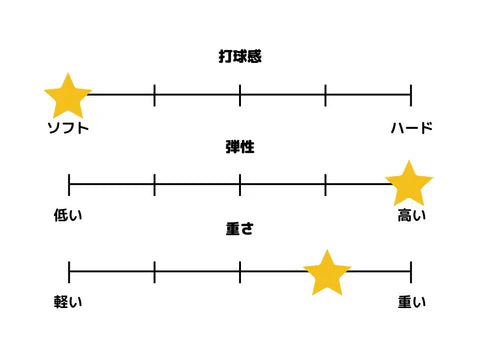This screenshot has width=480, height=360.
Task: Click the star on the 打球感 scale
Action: click(x=68, y=96)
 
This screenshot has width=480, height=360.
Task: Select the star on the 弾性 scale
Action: click(x=408, y=184)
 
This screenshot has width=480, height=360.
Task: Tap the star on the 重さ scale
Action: click(x=326, y=273)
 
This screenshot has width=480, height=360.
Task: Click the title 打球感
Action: click(x=240, y=57)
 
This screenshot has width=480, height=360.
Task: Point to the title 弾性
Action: click(x=240, y=146)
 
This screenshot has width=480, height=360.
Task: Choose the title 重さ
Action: click(x=240, y=231)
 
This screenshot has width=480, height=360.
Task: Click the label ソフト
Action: click(x=69, y=127)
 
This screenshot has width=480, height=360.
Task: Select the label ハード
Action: click(x=411, y=127)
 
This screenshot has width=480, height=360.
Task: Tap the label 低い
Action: click(x=68, y=214)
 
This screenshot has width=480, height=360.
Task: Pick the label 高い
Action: click(x=411, y=214)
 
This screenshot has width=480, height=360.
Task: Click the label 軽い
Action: click(x=68, y=302)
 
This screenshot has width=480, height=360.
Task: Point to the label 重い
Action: click(x=411, y=302)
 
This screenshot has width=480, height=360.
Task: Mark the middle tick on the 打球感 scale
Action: click(x=240, y=96)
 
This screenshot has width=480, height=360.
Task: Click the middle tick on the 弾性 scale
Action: click(x=240, y=184)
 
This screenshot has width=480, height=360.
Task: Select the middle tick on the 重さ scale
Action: click(x=240, y=272)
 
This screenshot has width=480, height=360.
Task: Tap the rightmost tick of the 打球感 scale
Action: click(x=411, y=96)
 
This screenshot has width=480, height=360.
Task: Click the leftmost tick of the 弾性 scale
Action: click(x=69, y=184)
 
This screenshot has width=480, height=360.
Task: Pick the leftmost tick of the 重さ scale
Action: click(x=69, y=272)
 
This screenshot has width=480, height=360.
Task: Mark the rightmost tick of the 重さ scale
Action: click(x=411, y=272)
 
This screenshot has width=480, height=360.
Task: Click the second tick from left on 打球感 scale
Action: click(x=155, y=96)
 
